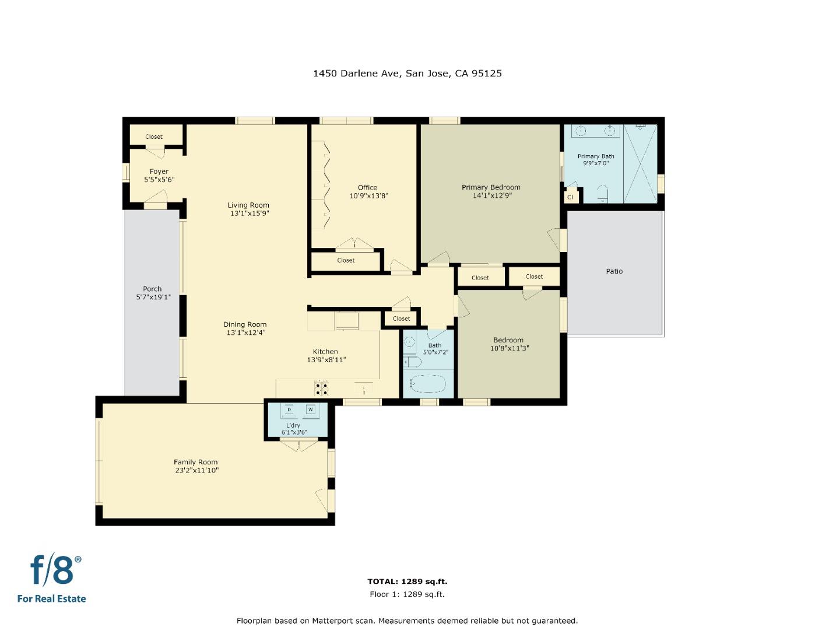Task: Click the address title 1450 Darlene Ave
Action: pyautogui.click(x=407, y=73)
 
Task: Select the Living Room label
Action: pyautogui.click(x=248, y=205)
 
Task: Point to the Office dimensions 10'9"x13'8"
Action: pyautogui.click(x=368, y=196)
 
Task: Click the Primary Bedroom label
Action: pyautogui.click(x=491, y=187)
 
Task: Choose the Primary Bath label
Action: pyautogui.click(x=596, y=156)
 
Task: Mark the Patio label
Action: pyautogui.click(x=614, y=271)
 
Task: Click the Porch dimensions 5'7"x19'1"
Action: pyautogui.click(x=153, y=297)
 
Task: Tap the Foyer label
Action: pyautogui.click(x=159, y=171)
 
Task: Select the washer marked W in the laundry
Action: pyautogui.click(x=310, y=410)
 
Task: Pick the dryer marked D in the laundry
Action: pyautogui.click(x=289, y=410)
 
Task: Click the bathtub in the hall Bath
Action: pyautogui.click(x=427, y=385)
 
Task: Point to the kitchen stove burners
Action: pyautogui.click(x=321, y=388)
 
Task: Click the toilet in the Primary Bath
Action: pyautogui.click(x=603, y=193)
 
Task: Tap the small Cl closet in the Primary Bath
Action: pyautogui.click(x=570, y=197)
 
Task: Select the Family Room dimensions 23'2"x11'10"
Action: pyautogui.click(x=196, y=470)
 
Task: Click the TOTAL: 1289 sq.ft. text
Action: pyautogui.click(x=407, y=581)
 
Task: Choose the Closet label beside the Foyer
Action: pyautogui.click(x=154, y=136)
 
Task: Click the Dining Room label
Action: pyautogui.click(x=245, y=324)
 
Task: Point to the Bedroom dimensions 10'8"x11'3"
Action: pyautogui.click(x=509, y=348)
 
